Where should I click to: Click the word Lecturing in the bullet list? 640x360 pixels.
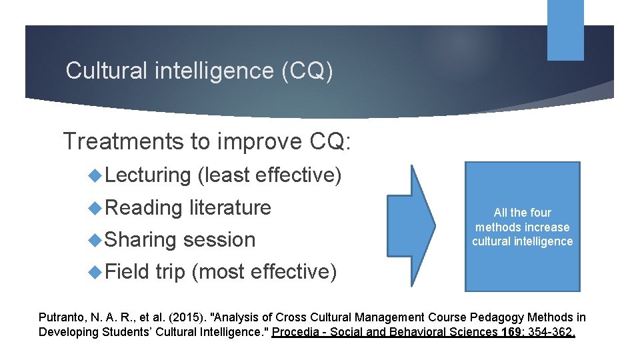pyautogui.click(x=147, y=175)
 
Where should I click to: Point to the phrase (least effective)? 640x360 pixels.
pyautogui.click(x=270, y=175)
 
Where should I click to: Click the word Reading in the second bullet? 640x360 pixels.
pyautogui.click(x=143, y=207)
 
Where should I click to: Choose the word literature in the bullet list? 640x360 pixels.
pyautogui.click(x=230, y=207)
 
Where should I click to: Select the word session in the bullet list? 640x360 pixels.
pyautogui.click(x=219, y=239)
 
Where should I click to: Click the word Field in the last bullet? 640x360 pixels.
pyautogui.click(x=127, y=271)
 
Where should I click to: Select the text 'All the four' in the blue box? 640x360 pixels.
pyautogui.click(x=522, y=213)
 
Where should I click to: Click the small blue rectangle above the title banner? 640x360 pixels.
pyautogui.click(x=565, y=29)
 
